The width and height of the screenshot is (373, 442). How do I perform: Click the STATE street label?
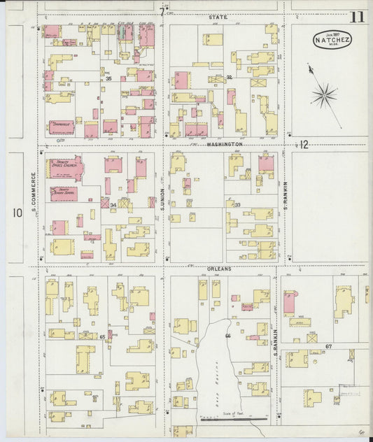pyautogui.click(x=218, y=16)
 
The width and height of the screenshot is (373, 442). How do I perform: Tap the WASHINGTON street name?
pyautogui.click(x=225, y=143)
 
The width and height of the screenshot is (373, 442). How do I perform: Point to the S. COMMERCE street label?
pyautogui.click(x=33, y=192)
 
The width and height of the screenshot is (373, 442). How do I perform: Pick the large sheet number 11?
pyautogui.click(x=358, y=17)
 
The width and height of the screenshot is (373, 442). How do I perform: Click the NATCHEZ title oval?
pyautogui.click(x=332, y=39)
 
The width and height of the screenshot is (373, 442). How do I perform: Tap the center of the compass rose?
pyautogui.click(x=323, y=95)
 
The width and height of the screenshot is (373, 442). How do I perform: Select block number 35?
pyautogui.click(x=108, y=79)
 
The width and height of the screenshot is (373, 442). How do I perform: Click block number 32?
pyautogui.click(x=228, y=77)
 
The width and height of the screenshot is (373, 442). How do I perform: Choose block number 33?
pyautogui.click(x=237, y=205)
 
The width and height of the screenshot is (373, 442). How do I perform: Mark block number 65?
pyautogui.click(x=102, y=337)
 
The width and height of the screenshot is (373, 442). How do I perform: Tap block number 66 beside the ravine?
pyautogui.click(x=227, y=336)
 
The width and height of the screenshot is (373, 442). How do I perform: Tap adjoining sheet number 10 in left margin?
pyautogui.click(x=16, y=212)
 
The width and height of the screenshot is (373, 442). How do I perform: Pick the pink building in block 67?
pyautogui.click(x=289, y=303)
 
